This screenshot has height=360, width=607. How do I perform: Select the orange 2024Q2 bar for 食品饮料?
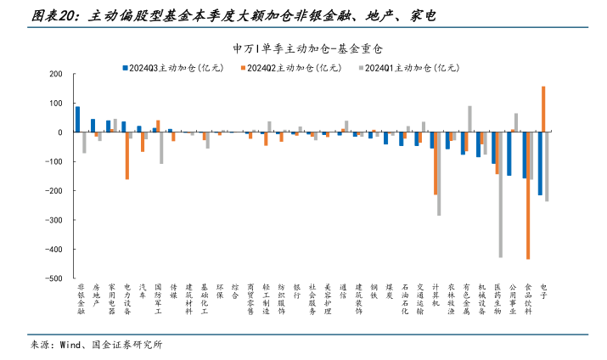[x=528, y=195]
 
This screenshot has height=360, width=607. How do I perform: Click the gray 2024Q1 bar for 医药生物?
[x=501, y=194]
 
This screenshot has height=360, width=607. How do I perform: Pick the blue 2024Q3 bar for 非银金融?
[x=78, y=119]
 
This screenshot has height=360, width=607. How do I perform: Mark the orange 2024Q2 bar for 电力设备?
[x=127, y=155]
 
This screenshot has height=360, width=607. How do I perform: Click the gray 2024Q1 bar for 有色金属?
[x=470, y=119]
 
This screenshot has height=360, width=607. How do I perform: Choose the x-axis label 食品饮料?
[x=528, y=300]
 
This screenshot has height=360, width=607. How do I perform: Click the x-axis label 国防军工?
[x=158, y=300]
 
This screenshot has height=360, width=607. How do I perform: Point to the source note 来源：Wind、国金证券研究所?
[x=96, y=345]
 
